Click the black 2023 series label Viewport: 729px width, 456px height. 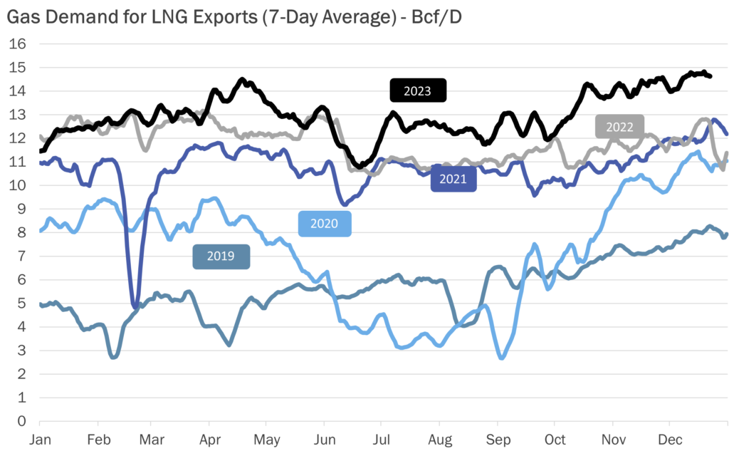click(417, 90)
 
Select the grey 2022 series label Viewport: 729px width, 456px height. click(619, 127)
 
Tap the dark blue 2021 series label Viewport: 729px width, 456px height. click(453, 179)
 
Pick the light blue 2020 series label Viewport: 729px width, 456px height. click(324, 224)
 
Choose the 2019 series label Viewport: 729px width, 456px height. click(221, 256)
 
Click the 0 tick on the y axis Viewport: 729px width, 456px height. click(22, 420)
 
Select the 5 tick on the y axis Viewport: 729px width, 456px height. click(22, 303)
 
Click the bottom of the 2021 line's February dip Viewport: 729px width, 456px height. click(135, 306)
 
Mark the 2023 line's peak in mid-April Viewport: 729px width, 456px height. click(242, 80)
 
